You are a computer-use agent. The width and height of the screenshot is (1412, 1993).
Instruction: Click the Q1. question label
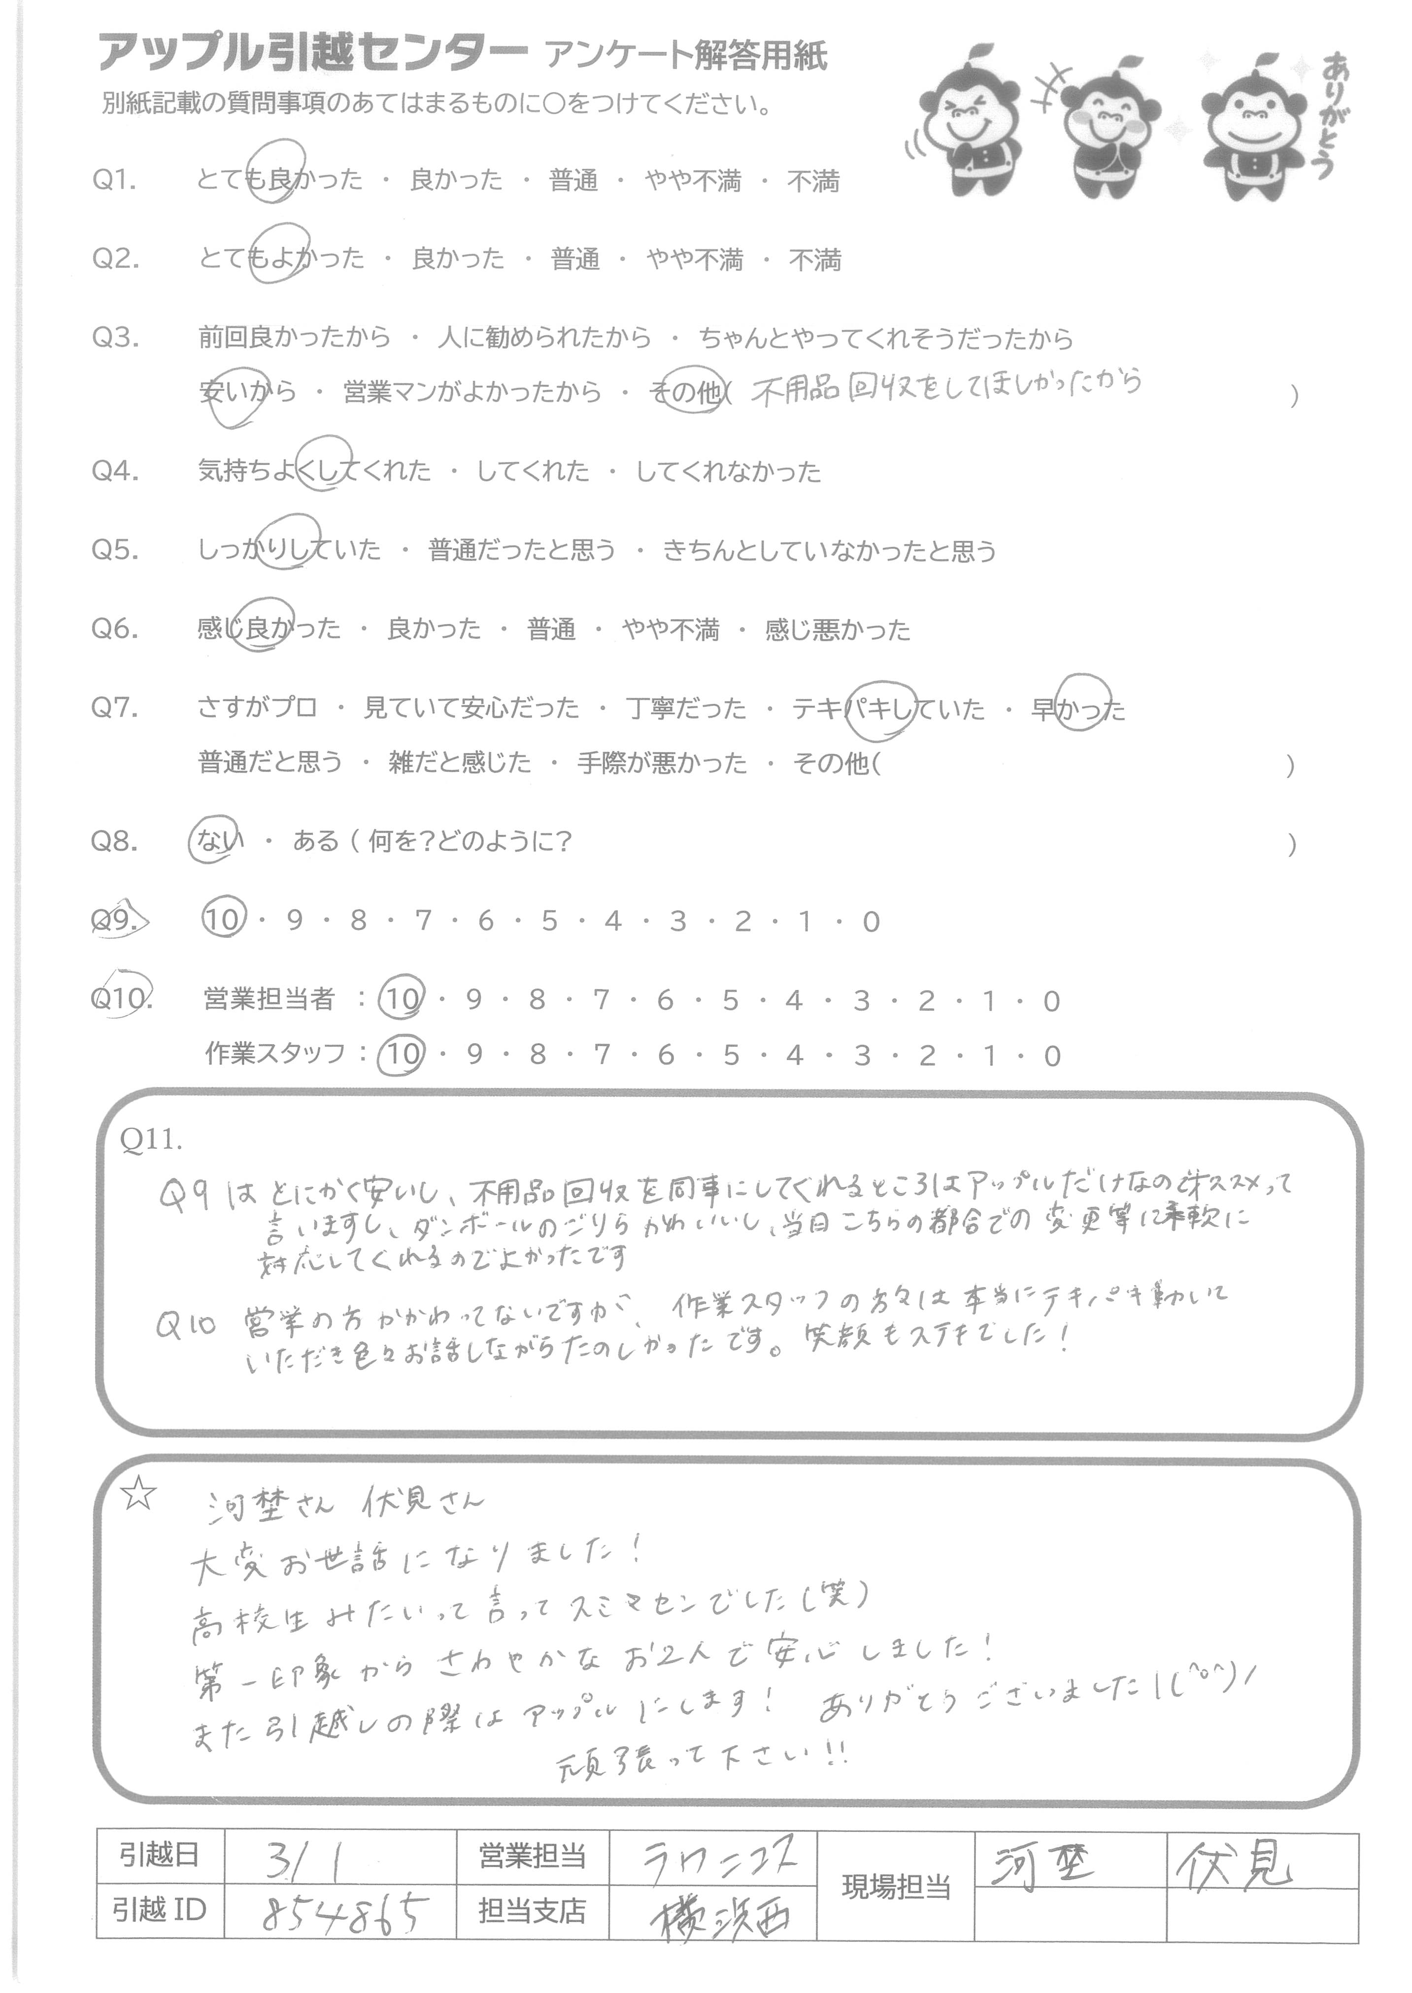pyautogui.click(x=115, y=181)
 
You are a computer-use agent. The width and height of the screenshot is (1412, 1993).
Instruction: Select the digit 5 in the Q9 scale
pyautogui.click(x=549, y=921)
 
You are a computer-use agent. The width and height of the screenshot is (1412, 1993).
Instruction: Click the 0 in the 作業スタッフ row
pyautogui.click(x=1053, y=1056)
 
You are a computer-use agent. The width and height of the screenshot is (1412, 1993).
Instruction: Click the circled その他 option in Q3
pyautogui.click(x=687, y=393)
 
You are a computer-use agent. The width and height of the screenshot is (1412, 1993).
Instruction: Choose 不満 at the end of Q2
pyautogui.click(x=815, y=260)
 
